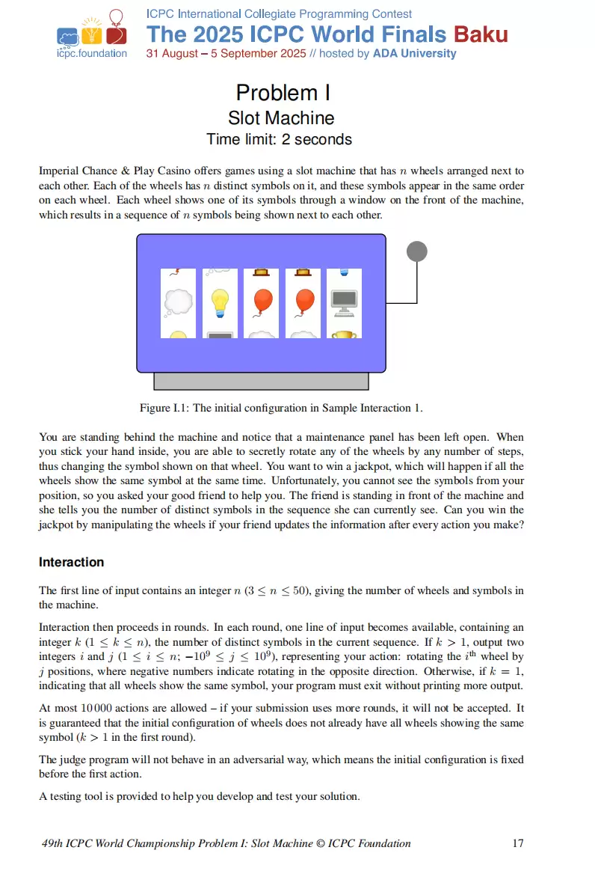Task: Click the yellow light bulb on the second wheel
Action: coord(220,302)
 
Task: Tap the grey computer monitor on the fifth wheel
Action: coord(344,301)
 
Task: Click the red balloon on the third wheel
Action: coord(262,302)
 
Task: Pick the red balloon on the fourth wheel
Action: coord(303,302)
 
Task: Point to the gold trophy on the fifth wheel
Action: coord(344,334)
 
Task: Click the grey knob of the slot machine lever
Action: coord(416,251)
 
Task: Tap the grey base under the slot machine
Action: coord(261,381)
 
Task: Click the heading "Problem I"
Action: coord(283,93)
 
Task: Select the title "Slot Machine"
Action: coord(281,118)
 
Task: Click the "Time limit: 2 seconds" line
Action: coord(280,139)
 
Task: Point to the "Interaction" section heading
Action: coord(71,562)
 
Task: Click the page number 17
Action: coord(517,843)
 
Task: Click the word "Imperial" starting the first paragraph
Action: coord(58,171)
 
